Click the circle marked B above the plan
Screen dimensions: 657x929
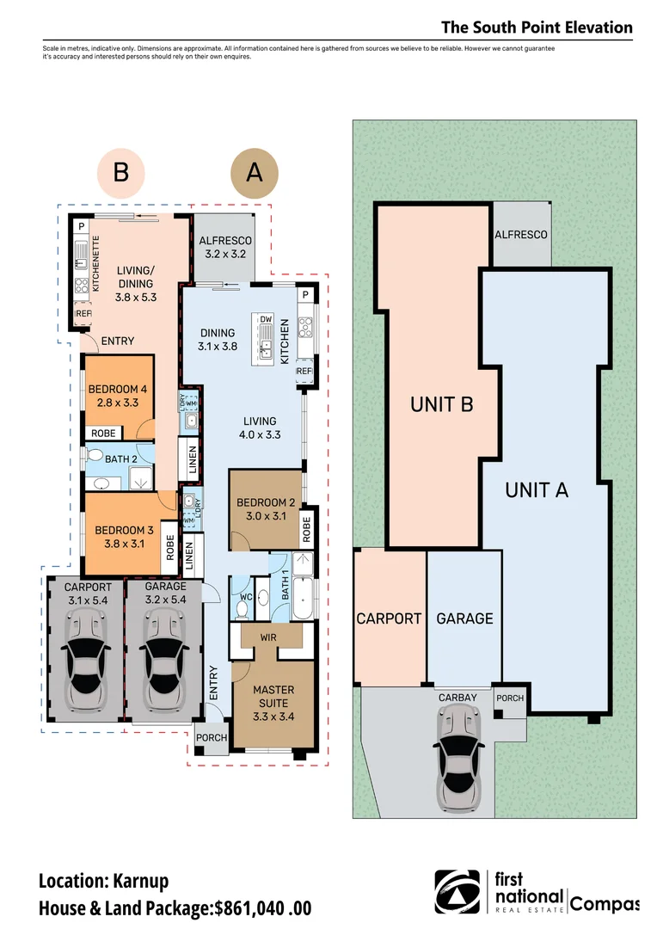click(x=121, y=172)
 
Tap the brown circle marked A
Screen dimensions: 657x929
click(x=255, y=172)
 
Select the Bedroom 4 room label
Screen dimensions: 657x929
click(x=117, y=396)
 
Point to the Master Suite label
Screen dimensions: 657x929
click(x=273, y=703)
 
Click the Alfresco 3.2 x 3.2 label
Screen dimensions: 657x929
click(x=225, y=247)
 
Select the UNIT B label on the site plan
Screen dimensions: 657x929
click(x=441, y=404)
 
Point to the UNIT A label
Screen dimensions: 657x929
click(x=537, y=490)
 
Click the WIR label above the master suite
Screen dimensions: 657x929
click(x=268, y=637)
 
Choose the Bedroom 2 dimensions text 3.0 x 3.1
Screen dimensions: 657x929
click(x=266, y=516)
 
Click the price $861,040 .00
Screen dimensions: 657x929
click(x=263, y=908)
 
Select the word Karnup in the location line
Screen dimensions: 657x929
click(x=141, y=882)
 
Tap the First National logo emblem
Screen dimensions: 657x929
click(x=457, y=892)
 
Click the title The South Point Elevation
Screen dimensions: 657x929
click(x=537, y=28)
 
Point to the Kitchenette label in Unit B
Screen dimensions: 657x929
click(x=96, y=264)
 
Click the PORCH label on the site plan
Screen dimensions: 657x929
click(x=510, y=698)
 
